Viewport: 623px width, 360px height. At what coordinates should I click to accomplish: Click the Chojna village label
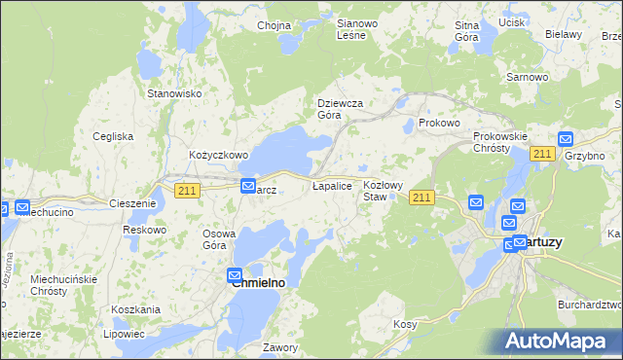(x=275, y=25)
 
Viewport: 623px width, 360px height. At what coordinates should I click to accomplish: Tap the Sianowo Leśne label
(x=350, y=28)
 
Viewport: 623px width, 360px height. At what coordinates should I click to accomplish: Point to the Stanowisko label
(x=173, y=93)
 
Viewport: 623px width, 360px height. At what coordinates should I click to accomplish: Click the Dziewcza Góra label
(x=341, y=108)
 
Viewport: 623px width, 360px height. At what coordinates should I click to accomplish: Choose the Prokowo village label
(x=438, y=124)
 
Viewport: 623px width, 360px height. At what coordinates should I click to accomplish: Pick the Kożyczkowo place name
(x=219, y=155)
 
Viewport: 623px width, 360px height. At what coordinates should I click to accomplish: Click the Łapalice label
(x=331, y=184)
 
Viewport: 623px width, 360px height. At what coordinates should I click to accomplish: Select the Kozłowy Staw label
(x=383, y=190)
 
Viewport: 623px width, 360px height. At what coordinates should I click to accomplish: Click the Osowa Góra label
(x=220, y=239)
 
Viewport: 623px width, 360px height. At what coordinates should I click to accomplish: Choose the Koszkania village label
(x=135, y=308)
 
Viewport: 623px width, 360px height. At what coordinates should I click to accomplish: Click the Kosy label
(x=404, y=323)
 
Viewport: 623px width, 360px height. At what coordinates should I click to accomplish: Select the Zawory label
(x=279, y=346)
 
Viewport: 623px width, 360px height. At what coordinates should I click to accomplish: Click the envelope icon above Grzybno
(x=566, y=140)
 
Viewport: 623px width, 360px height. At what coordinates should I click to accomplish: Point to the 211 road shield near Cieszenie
(x=188, y=192)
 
